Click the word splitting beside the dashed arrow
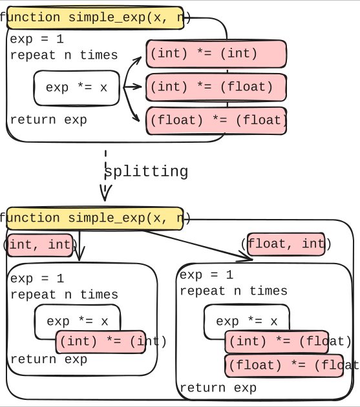pyautogui.click(x=146, y=172)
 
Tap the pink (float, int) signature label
pyautogui.click(x=289, y=244)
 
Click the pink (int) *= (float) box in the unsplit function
pyautogui.click(x=217, y=85)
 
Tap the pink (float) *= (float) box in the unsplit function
pyautogui.click(x=217, y=120)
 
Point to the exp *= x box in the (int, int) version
pyautogui.click(x=78, y=320)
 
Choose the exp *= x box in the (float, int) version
pyautogui.click(x=247, y=321)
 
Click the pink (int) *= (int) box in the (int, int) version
pyautogui.click(x=111, y=341)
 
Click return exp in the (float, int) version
pyautogui.click(x=218, y=388)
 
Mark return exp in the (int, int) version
pyautogui.click(x=48, y=359)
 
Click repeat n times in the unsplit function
pyautogui.click(x=64, y=55)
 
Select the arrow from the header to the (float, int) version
pyautogui.click(x=194, y=242)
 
